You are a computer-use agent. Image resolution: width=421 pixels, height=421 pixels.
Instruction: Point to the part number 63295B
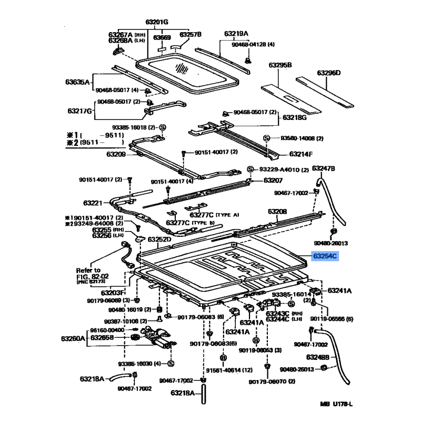coord(280,65)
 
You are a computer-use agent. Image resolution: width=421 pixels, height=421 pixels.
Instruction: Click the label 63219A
coord(236,34)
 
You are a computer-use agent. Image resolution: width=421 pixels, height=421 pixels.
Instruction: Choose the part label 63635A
coord(78,82)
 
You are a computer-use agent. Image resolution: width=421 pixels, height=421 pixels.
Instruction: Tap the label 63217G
coord(80,111)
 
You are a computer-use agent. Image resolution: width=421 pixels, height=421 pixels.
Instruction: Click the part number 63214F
coord(301,154)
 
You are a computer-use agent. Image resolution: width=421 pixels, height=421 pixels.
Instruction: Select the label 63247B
coord(324,168)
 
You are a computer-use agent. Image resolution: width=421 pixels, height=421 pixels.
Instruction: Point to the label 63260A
coord(73,338)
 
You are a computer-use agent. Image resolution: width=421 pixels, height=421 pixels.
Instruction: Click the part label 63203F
coord(113,292)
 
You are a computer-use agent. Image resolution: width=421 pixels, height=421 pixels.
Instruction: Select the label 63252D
coord(159,239)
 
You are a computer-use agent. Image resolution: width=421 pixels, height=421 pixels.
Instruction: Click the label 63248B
coord(318,357)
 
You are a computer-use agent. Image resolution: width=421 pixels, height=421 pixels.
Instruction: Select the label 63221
coord(93,203)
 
